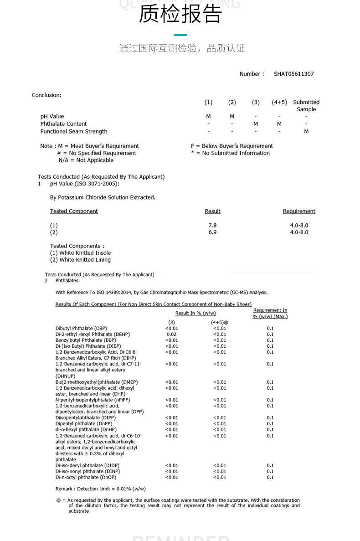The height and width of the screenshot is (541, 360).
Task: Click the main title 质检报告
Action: point(180,14)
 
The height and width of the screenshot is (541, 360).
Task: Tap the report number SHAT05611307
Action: point(293,74)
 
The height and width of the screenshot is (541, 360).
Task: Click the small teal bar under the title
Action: point(180,35)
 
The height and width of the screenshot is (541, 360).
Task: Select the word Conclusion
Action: point(46,95)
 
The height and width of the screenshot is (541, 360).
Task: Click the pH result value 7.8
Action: point(212,225)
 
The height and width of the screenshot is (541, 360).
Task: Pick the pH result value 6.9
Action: point(212,232)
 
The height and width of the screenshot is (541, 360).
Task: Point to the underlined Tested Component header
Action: point(74,211)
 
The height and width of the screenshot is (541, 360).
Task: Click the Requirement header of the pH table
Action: point(299,211)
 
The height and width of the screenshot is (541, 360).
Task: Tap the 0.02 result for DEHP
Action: point(171,335)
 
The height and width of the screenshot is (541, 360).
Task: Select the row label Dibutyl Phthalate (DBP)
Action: point(81,329)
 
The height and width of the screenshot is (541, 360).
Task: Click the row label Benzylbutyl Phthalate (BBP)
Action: point(86,340)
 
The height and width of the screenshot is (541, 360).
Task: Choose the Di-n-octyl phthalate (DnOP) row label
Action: point(86,478)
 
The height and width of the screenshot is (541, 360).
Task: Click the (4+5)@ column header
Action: point(219,322)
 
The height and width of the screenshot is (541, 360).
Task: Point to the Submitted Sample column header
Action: point(306,106)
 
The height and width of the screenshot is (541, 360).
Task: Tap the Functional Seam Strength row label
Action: point(74,132)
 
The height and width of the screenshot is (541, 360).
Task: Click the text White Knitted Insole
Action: point(85,253)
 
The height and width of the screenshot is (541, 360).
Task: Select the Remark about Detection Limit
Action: point(100,489)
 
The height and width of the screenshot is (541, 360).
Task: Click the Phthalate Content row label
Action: point(63,124)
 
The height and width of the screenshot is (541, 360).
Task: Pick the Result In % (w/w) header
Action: point(195,314)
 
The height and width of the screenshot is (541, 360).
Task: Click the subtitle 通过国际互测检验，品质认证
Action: point(182,48)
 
